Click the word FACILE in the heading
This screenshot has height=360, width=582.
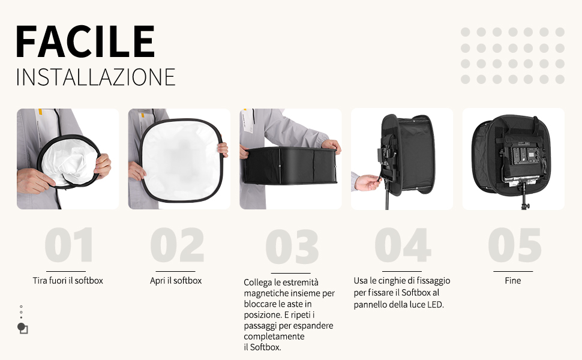(85, 41)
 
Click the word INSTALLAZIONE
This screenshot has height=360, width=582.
(95, 77)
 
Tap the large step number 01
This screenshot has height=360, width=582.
(68, 245)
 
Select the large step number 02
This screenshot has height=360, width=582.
(177, 245)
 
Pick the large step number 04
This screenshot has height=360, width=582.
(403, 245)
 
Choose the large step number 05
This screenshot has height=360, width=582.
(514, 245)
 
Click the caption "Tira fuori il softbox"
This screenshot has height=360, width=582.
(68, 281)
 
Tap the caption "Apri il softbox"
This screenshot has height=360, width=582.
(176, 281)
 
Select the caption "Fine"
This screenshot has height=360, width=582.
(513, 281)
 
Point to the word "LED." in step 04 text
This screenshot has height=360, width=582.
(436, 305)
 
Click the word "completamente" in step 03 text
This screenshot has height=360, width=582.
(274, 337)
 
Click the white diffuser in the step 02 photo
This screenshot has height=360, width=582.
(181, 160)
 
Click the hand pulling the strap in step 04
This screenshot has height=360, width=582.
(367, 182)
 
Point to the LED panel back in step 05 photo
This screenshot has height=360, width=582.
(523, 162)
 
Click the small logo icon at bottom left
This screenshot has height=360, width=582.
(23, 328)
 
